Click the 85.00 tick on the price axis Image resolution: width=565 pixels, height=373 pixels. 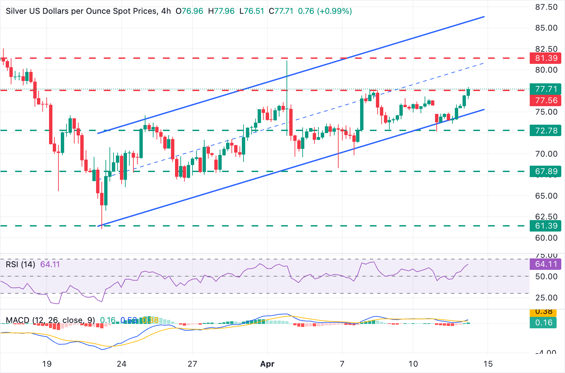[546, 28]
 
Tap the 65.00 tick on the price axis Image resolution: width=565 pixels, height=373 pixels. [546, 196]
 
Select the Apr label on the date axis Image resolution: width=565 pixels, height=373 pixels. [267, 364]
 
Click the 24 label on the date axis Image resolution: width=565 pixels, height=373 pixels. [122, 364]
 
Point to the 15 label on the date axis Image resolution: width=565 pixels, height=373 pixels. [488, 364]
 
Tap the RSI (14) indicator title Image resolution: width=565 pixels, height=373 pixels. [20, 264]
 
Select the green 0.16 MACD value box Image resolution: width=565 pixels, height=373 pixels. [544, 323]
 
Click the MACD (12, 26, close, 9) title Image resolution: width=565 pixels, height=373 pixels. [50, 320]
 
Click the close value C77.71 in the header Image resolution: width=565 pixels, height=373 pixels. [281, 11]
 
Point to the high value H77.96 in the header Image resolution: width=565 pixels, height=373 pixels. [221, 11]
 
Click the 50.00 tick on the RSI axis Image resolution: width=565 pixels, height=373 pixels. [546, 277]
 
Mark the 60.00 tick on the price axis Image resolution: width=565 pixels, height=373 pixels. [546, 238]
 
